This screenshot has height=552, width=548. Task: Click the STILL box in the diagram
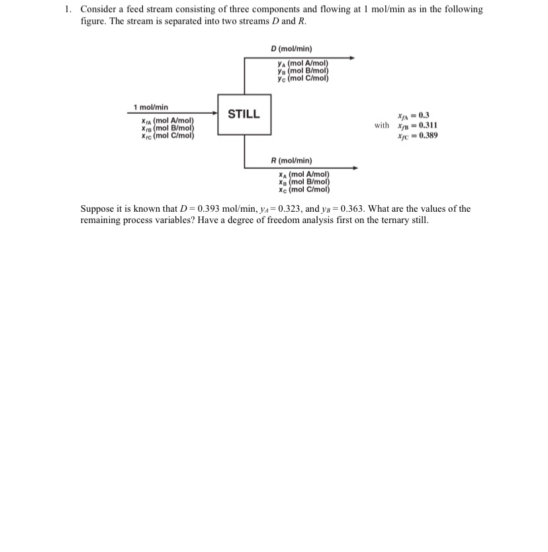pos(244,115)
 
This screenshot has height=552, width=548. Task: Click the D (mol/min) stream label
pos(292,48)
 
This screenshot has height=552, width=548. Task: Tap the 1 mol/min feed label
pos(151,107)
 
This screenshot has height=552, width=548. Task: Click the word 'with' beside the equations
pos(382,125)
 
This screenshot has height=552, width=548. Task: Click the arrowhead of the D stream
pos(351,58)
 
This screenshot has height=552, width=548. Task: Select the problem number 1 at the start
pos(68,10)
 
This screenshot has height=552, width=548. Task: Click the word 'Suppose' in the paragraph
pos(97,209)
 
